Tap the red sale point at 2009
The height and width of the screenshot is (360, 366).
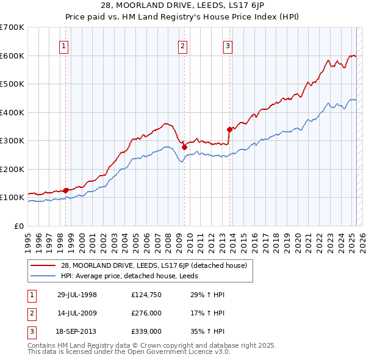(x=184, y=148)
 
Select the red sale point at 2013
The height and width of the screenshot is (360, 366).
(x=229, y=129)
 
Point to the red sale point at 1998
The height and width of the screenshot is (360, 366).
(x=66, y=190)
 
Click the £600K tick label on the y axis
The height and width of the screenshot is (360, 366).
(x=12, y=56)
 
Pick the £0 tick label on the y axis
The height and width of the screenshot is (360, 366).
(x=19, y=226)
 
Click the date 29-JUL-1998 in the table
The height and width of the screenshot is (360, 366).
(x=77, y=295)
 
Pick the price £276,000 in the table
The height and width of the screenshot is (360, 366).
(x=146, y=313)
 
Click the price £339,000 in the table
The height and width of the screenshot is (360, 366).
(x=146, y=331)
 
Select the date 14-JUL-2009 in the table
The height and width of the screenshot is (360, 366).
(x=77, y=313)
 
